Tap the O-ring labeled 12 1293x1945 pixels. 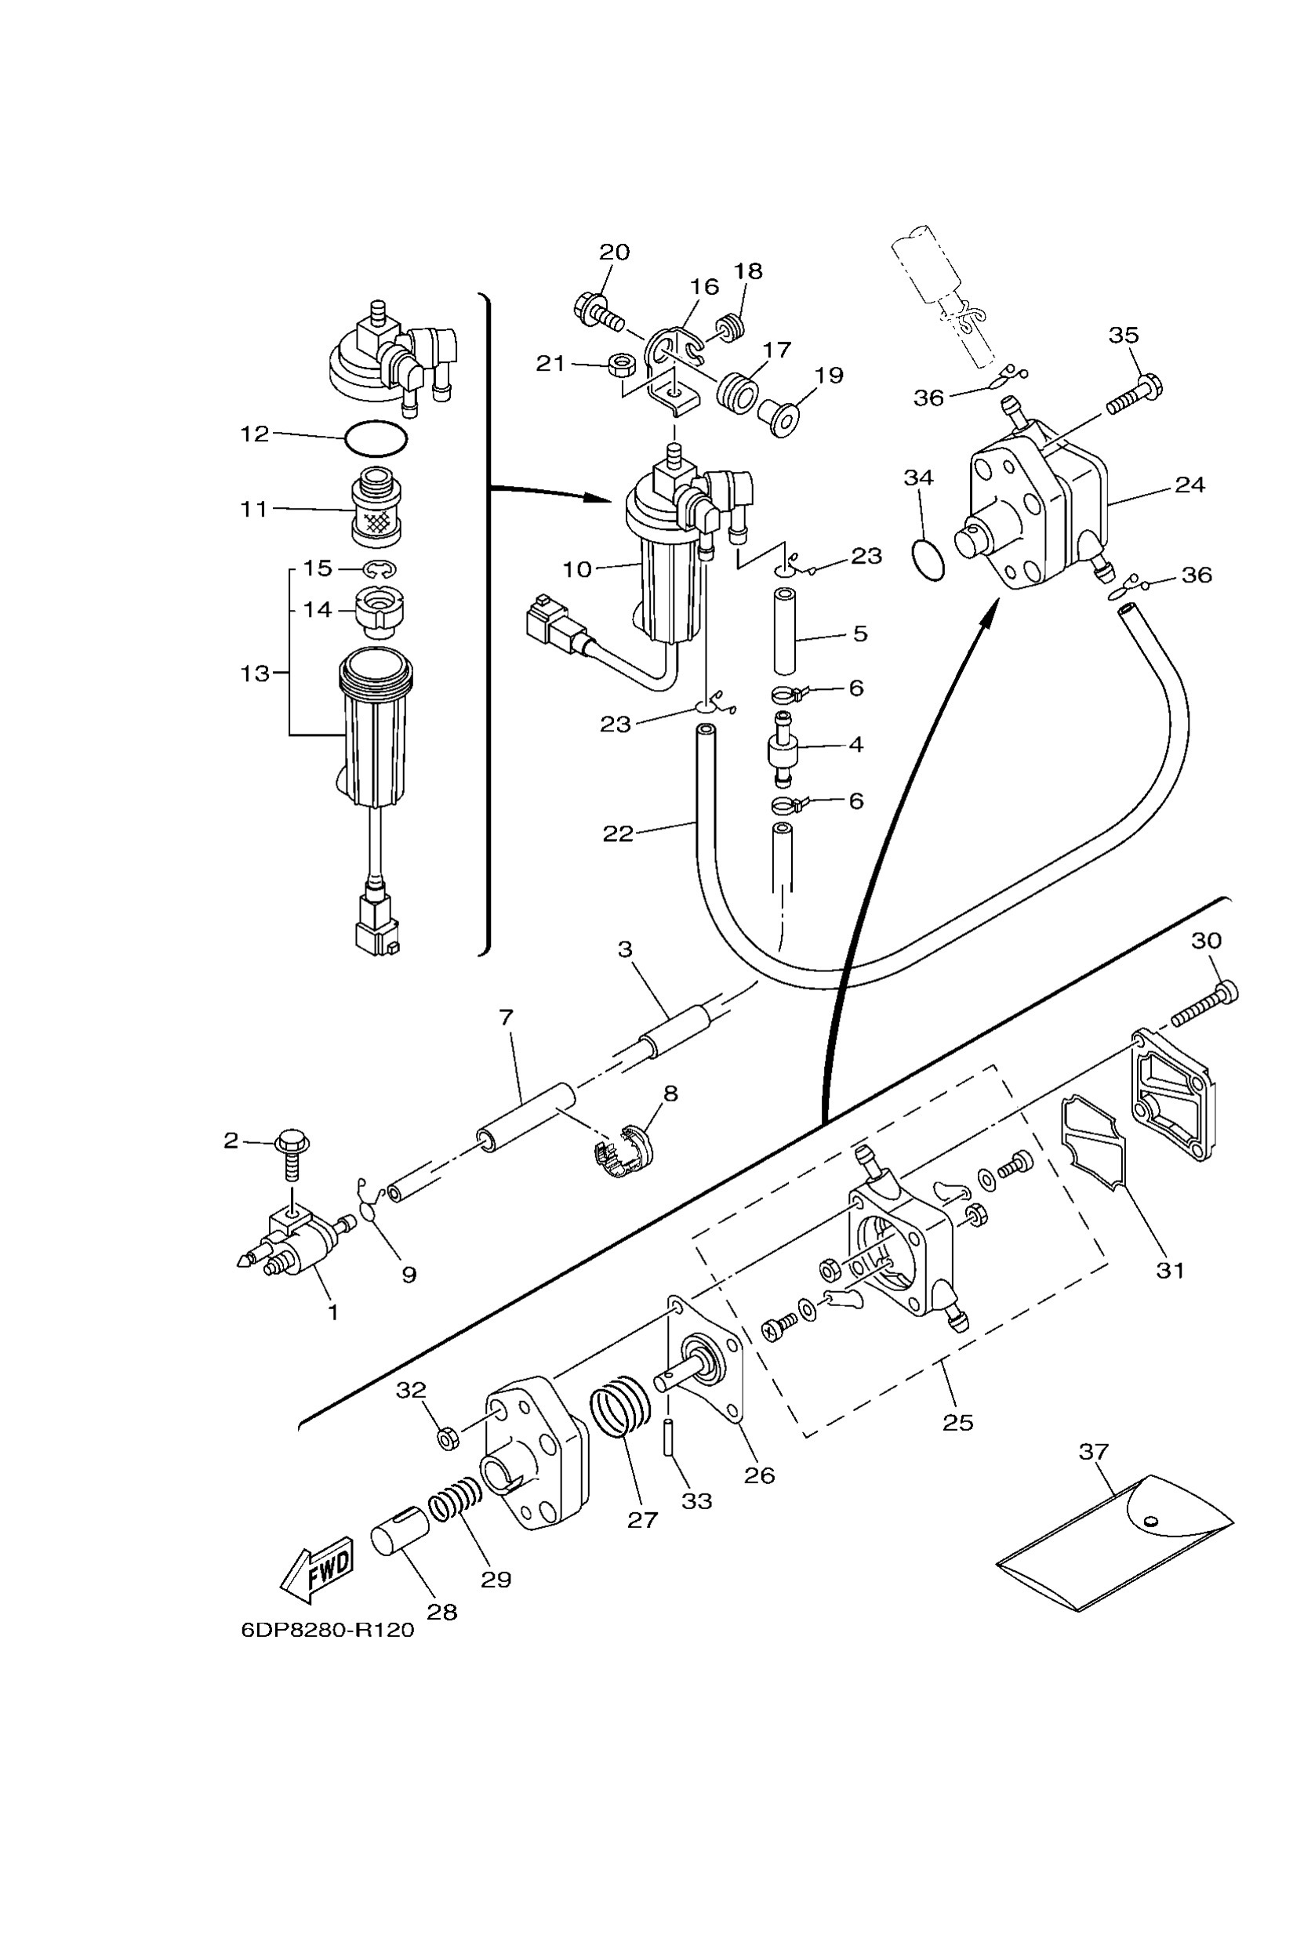pyautogui.click(x=376, y=437)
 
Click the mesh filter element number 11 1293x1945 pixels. pyautogui.click(x=376, y=508)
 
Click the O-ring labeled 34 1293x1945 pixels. pyautogui.click(x=928, y=560)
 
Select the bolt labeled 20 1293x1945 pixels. pyautogui.click(x=597, y=312)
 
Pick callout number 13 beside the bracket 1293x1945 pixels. pyautogui.click(x=255, y=673)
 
